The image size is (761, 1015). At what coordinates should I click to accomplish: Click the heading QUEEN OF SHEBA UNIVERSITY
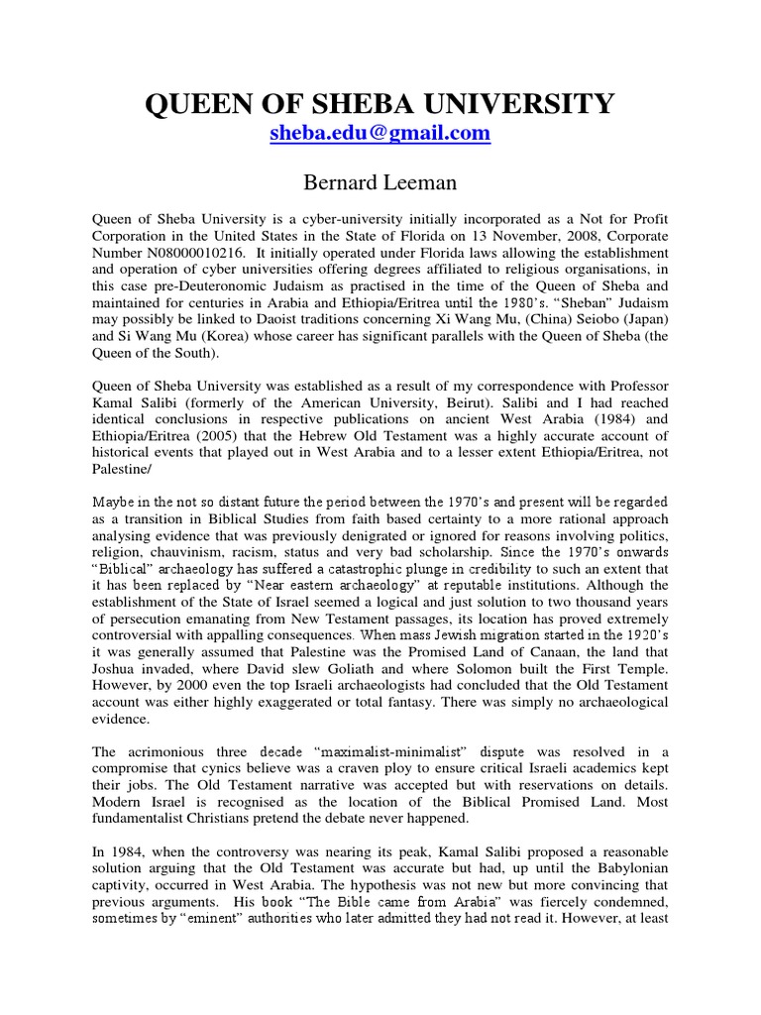pos(380,102)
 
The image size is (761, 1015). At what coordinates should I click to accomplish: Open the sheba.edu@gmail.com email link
pos(380,134)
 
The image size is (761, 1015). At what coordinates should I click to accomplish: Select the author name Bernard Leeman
pos(380,180)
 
